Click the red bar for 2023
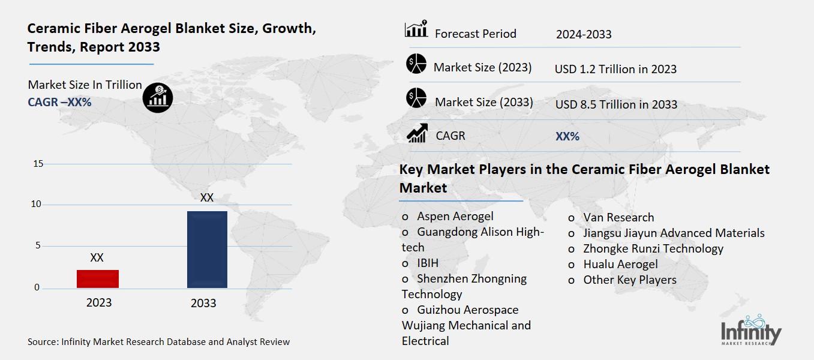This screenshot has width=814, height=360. pyautogui.click(x=98, y=279)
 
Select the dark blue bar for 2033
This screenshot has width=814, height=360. pyautogui.click(x=207, y=249)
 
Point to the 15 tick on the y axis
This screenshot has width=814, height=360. pyautogui.click(x=37, y=164)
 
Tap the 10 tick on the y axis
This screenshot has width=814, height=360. pyautogui.click(x=37, y=205)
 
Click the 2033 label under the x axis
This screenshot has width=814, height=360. pyautogui.click(x=203, y=303)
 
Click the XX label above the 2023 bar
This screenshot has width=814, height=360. pyautogui.click(x=97, y=258)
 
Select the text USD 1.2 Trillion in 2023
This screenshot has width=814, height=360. pyautogui.click(x=615, y=69)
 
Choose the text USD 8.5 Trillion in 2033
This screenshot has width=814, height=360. pyautogui.click(x=616, y=104)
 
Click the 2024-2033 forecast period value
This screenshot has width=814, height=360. pyautogui.click(x=584, y=34)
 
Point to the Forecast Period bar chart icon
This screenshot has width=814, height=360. pyautogui.click(x=416, y=29)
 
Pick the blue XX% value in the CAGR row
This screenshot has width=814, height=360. pyautogui.click(x=567, y=137)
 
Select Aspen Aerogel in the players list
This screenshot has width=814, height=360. pyautogui.click(x=455, y=217)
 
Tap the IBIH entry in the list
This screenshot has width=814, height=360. pyautogui.click(x=428, y=263)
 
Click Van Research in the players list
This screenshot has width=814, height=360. pyautogui.click(x=618, y=218)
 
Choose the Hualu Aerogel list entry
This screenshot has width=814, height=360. pyautogui.click(x=620, y=265)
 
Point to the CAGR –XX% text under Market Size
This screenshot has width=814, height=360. pyautogui.click(x=59, y=103)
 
